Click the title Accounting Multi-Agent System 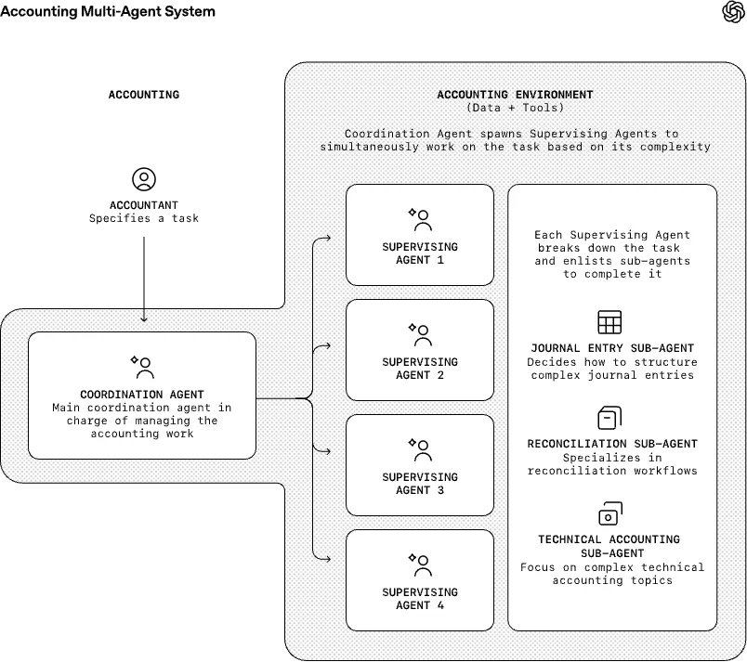108,11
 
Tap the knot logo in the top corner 733,12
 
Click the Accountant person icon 144,179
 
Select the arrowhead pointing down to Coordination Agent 144,318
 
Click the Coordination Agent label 142,395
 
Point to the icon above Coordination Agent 142,367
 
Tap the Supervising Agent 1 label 420,253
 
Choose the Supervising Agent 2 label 420,369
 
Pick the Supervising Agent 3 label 420,484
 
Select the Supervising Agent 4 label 420,599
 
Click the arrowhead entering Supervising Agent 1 328,238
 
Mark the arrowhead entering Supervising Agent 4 328,559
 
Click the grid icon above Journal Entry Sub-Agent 609,322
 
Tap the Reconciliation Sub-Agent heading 612,444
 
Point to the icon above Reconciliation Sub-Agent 609,418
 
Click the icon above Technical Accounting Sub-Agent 609,514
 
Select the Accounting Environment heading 515,94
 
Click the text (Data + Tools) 515,108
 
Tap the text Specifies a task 144,218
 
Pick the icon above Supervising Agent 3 420,449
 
